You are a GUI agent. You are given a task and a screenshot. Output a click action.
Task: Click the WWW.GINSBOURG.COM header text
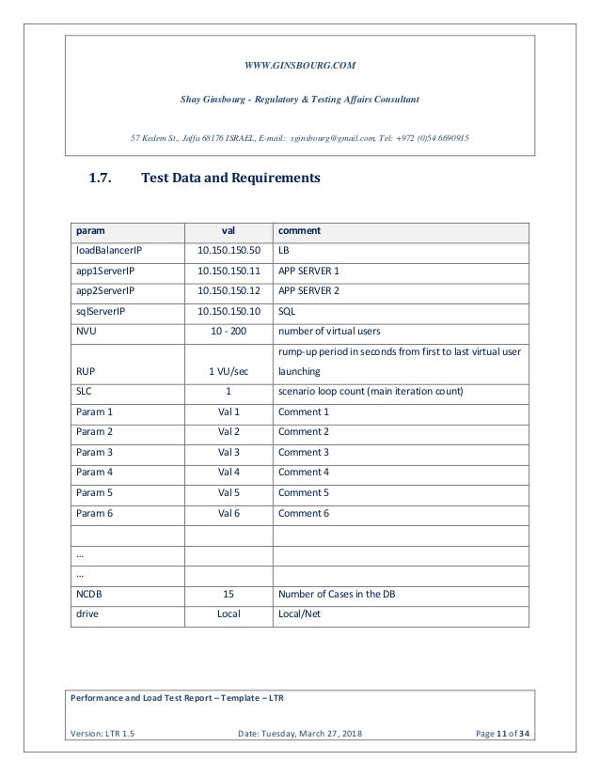[x=300, y=64]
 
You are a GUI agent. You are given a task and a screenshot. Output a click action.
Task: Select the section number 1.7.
[x=104, y=177]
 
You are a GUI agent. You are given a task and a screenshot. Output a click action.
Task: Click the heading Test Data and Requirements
[x=230, y=177]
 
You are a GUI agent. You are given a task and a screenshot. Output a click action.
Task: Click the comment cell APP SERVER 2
[x=308, y=291]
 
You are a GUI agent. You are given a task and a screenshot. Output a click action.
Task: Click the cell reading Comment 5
[x=304, y=493]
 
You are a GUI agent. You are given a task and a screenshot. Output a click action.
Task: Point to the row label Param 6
[x=93, y=513]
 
